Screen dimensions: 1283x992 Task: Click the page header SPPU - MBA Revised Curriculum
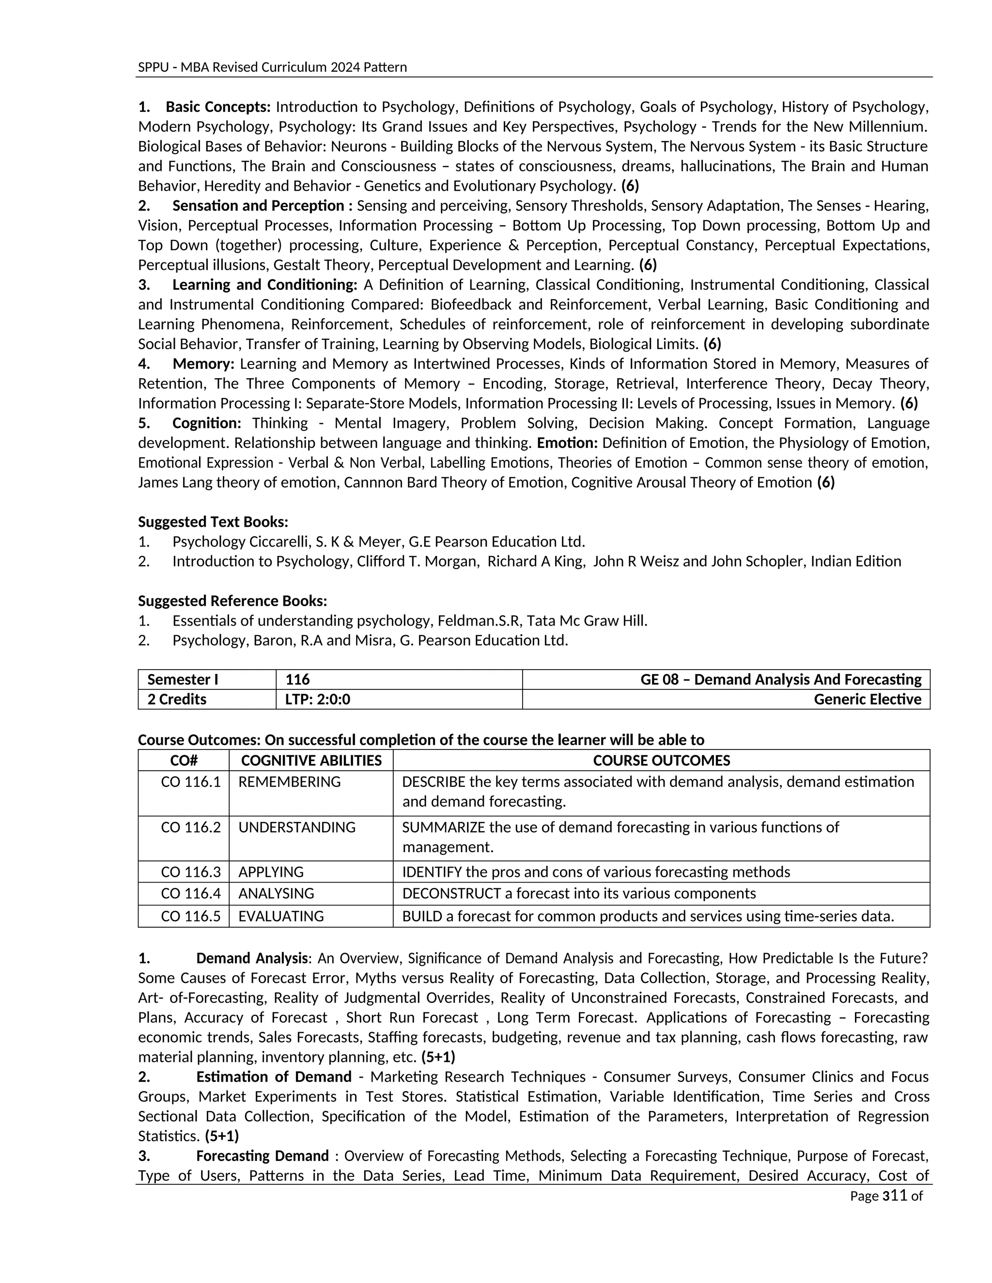pyautogui.click(x=272, y=67)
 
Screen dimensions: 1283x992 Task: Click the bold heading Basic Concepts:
pyautogui.click(x=217, y=107)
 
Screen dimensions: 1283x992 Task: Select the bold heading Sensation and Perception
pyautogui.click(x=258, y=206)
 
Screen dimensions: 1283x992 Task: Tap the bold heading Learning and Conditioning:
pyautogui.click(x=264, y=285)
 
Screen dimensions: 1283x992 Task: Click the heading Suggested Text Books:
pyautogui.click(x=213, y=521)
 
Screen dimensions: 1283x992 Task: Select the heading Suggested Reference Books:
pyautogui.click(x=232, y=601)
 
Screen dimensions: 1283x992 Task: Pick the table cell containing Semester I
pyautogui.click(x=183, y=680)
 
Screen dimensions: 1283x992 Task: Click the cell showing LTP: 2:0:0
pyautogui.click(x=317, y=700)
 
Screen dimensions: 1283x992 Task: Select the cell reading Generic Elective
pyautogui.click(x=867, y=700)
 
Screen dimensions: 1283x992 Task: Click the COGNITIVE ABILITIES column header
pyautogui.click(x=311, y=761)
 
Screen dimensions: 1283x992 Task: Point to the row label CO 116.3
pyautogui.click(x=190, y=872)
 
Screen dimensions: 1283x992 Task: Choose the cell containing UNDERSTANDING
pyautogui.click(x=297, y=827)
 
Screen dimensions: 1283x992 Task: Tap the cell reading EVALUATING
pyautogui.click(x=281, y=916)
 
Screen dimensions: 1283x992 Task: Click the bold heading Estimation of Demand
pyautogui.click(x=273, y=1077)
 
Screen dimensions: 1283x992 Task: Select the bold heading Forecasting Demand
pyautogui.click(x=262, y=1156)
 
